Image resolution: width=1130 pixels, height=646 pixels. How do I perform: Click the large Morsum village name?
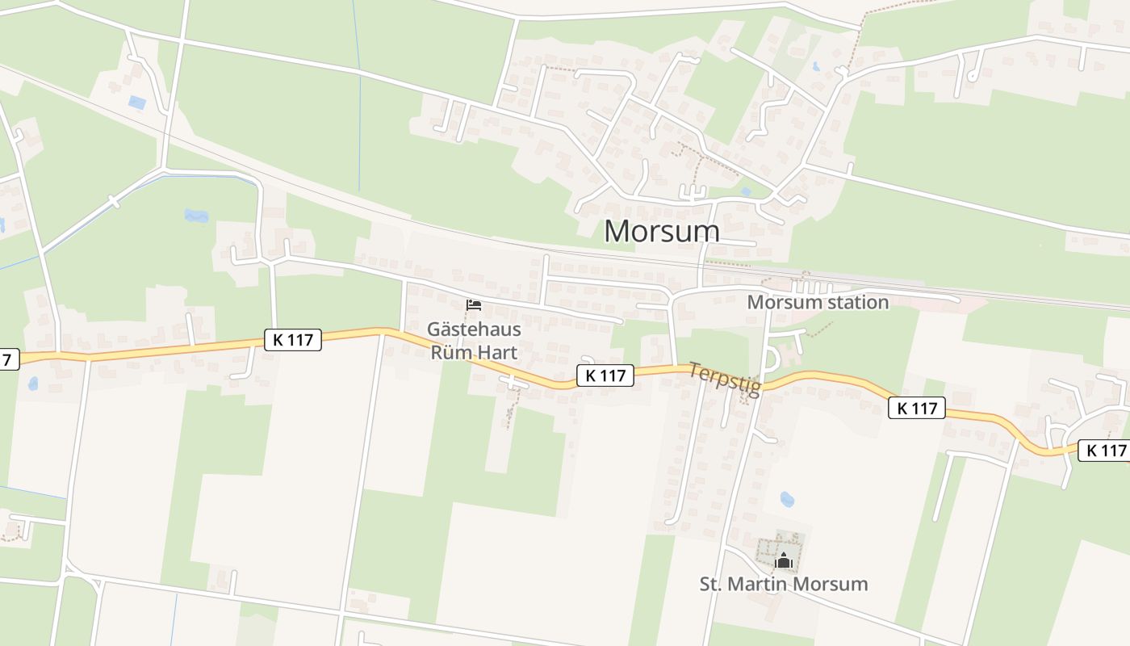[661, 231]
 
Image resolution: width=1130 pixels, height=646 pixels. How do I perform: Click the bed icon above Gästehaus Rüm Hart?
[474, 305]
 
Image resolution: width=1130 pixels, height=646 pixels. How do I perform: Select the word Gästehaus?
[474, 330]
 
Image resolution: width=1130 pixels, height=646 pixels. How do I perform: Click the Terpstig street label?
[724, 379]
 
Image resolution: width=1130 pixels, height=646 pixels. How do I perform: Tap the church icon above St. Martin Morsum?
[783, 560]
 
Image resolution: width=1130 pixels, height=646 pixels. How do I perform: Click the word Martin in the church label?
[762, 584]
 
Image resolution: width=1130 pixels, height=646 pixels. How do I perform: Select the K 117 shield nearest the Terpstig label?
[605, 375]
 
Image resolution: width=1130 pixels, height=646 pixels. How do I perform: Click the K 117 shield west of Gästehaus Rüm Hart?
[292, 340]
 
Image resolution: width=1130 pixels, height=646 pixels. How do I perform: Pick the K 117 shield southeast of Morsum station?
[917, 408]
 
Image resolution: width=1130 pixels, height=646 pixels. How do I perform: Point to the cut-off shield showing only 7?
[8, 359]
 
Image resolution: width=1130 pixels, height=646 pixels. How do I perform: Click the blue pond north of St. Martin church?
[787, 499]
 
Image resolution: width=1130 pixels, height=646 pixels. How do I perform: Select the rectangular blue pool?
[137, 103]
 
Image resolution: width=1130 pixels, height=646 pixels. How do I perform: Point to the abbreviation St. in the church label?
[712, 584]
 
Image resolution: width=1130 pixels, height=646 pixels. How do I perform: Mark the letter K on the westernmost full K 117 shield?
[278, 340]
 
